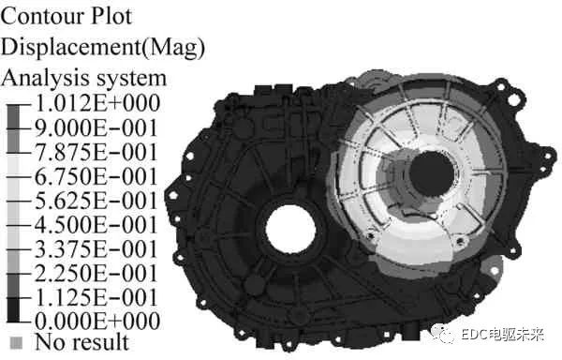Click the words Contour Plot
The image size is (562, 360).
click(x=67, y=17)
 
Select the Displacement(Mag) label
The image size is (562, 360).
click(x=103, y=48)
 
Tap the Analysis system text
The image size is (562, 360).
click(x=83, y=79)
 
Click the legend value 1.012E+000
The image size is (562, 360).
click(x=97, y=103)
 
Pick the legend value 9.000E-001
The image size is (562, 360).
click(x=96, y=128)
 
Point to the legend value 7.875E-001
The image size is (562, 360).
click(x=96, y=153)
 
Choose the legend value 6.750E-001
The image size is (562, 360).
click(x=96, y=176)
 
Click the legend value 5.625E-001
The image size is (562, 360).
click(x=96, y=201)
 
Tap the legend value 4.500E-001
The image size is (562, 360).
click(x=96, y=225)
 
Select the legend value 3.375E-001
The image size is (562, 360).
click(x=96, y=249)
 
